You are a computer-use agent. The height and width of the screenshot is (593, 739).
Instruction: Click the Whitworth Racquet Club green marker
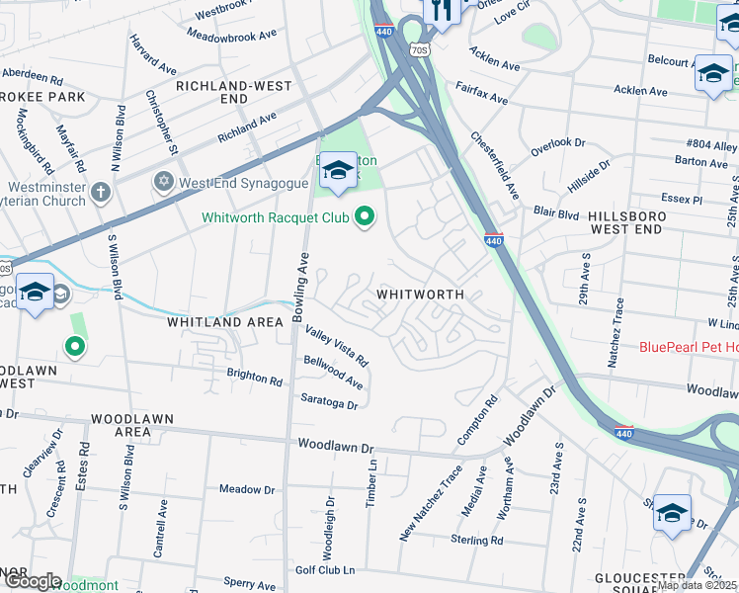pyautogui.click(x=366, y=216)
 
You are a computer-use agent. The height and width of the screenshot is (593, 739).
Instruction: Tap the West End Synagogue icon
pyautogui.click(x=163, y=183)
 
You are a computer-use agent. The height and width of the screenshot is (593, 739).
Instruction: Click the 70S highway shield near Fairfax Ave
pyautogui.click(x=419, y=48)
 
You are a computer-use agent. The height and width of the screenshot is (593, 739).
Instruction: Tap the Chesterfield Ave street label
pyautogui.click(x=495, y=165)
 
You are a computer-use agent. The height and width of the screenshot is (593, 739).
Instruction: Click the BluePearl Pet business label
pyautogui.click(x=689, y=346)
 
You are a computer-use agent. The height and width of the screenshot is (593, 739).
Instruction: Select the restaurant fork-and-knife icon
pyautogui.click(x=442, y=11)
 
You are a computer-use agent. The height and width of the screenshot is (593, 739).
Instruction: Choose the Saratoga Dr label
pyautogui.click(x=330, y=399)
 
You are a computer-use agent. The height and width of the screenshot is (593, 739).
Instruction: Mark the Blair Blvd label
pyautogui.click(x=556, y=212)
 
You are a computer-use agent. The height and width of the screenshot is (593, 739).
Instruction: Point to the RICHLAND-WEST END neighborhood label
pyautogui.click(x=233, y=93)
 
